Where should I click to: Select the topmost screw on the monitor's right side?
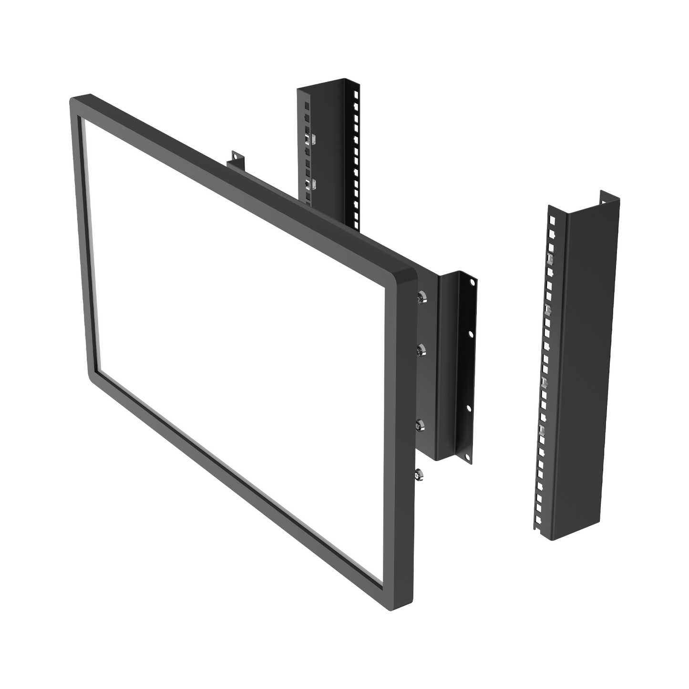point(420,297)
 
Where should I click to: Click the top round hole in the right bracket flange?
point(472,282)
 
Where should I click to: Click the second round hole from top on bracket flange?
point(471,335)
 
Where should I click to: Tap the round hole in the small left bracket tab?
point(234,154)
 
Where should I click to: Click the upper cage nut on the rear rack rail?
point(308,139)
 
